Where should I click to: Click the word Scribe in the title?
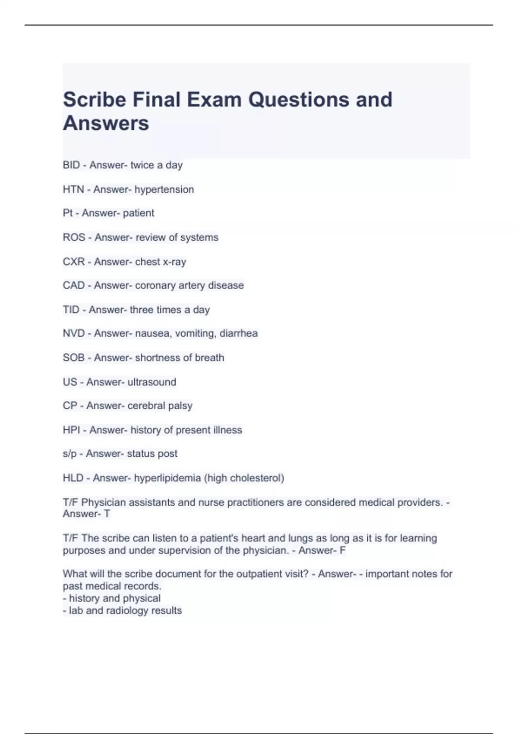point(95,100)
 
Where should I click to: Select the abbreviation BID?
point(71,165)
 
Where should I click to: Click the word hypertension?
point(164,190)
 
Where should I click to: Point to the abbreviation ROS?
point(74,237)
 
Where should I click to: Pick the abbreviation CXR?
point(74,262)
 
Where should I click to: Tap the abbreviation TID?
point(71,310)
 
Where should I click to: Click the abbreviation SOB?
point(74,358)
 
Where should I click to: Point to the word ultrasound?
point(152,382)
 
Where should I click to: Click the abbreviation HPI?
point(71,430)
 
